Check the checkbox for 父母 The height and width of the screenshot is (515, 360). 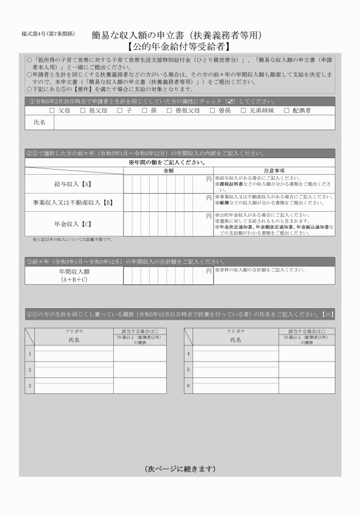(52, 110)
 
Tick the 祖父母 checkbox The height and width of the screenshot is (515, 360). (83, 110)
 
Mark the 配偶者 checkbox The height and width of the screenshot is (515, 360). (286, 110)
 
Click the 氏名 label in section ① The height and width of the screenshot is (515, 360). (39, 123)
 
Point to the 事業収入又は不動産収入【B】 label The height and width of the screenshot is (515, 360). (72, 202)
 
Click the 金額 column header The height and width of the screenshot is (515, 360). (168, 170)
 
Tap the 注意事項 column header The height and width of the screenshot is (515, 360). (274, 170)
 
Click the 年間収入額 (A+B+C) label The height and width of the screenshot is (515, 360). (74, 276)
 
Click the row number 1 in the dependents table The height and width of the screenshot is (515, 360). (30, 354)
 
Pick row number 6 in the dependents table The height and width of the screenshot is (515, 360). (189, 385)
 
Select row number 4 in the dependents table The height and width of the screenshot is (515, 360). (189, 354)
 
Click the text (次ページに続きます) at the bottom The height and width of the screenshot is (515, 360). (179, 469)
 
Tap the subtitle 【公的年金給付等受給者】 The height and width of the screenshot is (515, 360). (178, 46)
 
